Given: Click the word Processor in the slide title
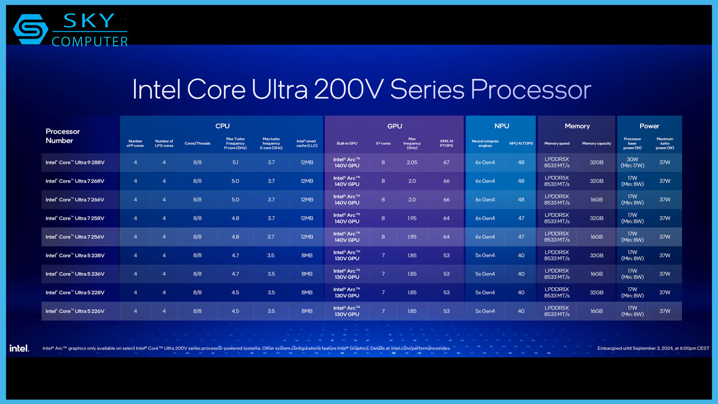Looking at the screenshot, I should tap(531, 90).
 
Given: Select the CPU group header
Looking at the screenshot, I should tap(222, 126).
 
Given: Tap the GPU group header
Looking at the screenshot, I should tap(394, 126).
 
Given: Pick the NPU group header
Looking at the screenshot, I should tap(501, 126).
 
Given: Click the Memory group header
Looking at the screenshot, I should tap(577, 126).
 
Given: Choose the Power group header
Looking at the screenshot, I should tap(649, 126).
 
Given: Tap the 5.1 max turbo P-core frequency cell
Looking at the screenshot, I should tap(235, 163).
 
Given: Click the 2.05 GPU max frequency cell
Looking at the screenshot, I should tap(412, 163).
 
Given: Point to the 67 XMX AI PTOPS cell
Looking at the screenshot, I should tap(447, 163).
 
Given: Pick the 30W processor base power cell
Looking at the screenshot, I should tap(632, 163).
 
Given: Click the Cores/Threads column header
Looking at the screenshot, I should tap(197, 144).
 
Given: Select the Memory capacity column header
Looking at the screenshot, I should tap(596, 144).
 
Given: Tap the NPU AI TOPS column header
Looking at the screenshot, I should tap(521, 144).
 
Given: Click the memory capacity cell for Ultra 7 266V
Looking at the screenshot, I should tap(596, 200).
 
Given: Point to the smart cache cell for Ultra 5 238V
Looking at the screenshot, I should tap(306, 255).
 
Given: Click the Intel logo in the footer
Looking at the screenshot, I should tap(19, 348).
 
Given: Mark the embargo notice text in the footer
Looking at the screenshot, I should tap(653, 348).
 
